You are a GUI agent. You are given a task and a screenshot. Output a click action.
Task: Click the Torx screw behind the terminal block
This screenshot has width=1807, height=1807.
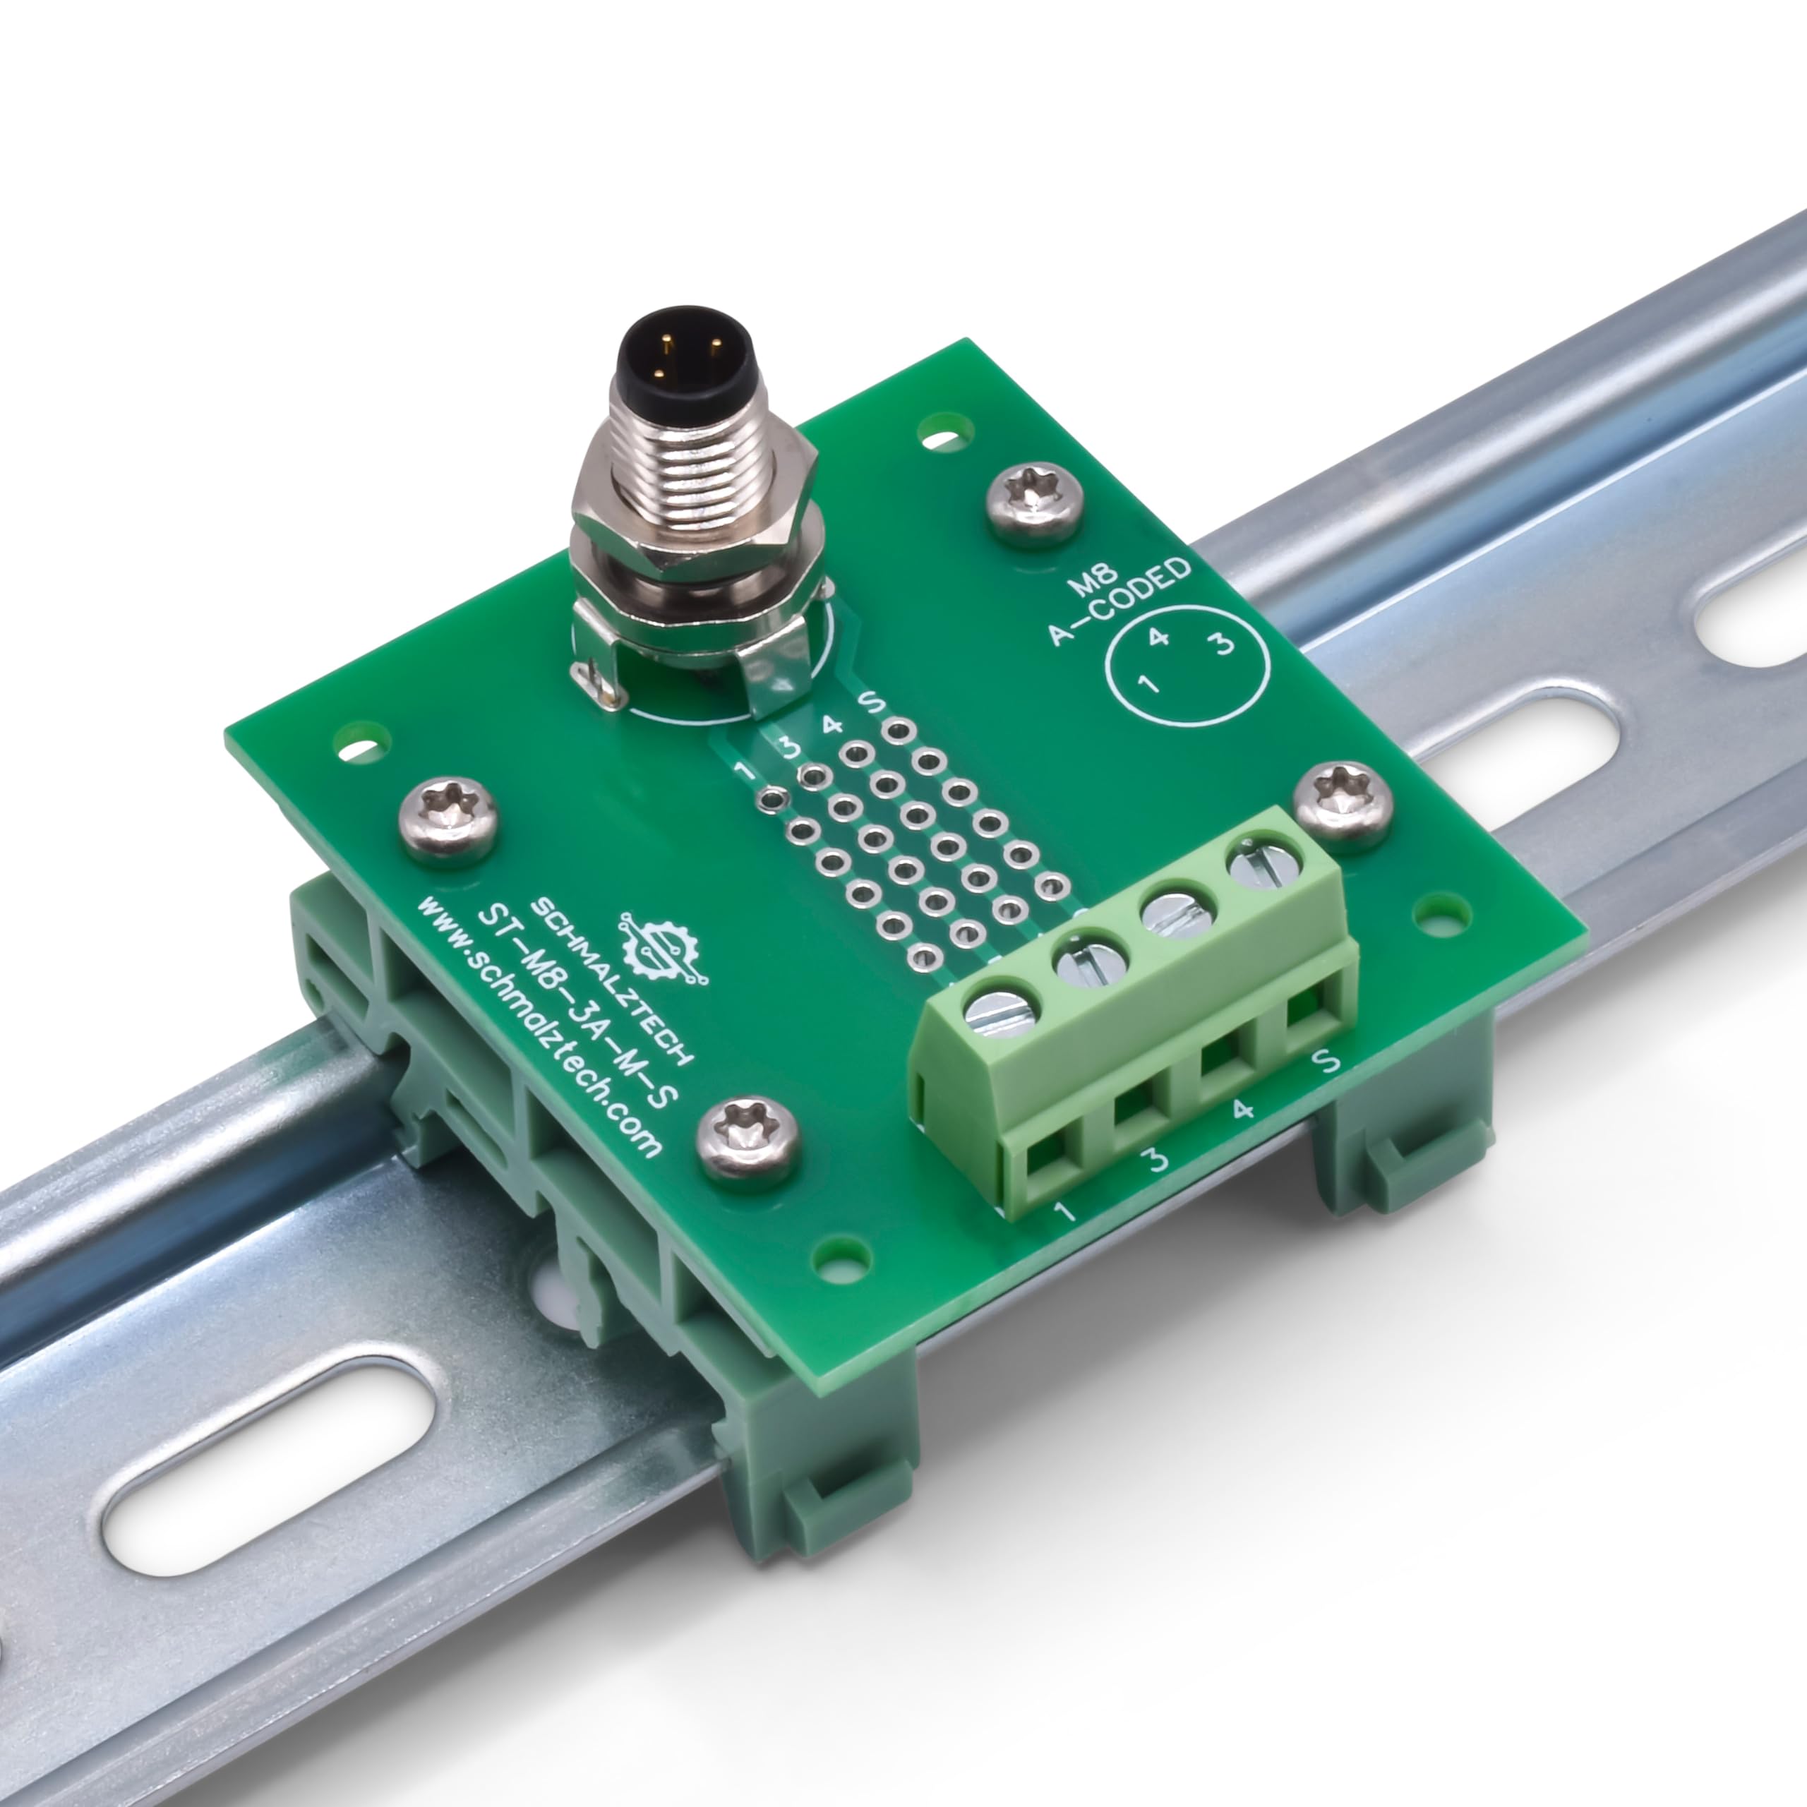[x=1343, y=805]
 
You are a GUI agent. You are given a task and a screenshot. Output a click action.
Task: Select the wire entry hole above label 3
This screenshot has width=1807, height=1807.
[x=1134, y=1113]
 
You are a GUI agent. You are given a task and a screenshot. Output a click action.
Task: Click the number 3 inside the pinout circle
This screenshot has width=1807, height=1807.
[x=1223, y=644]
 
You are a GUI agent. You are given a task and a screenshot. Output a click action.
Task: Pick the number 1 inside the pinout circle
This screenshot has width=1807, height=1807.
[x=1148, y=684]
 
